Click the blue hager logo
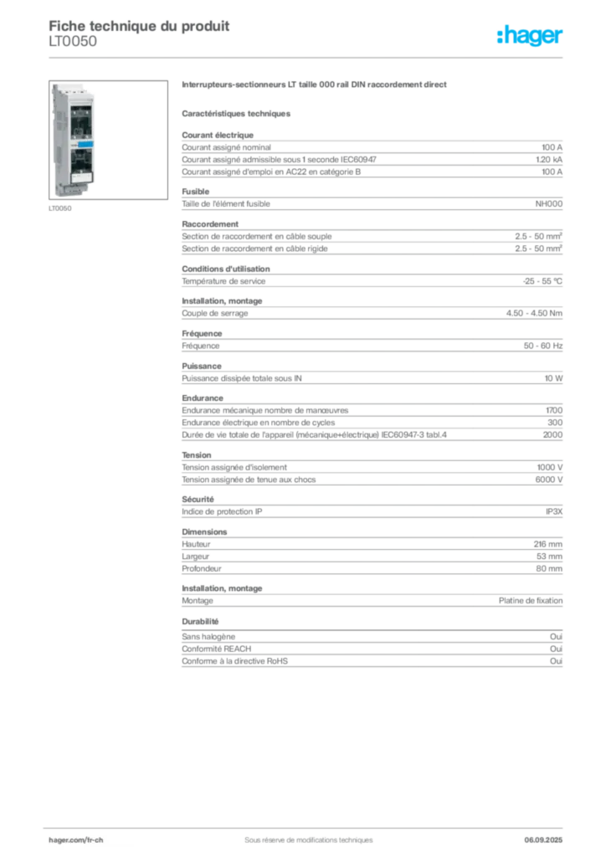coord(531,37)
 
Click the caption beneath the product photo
coord(59,210)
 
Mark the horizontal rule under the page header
coord(307,57)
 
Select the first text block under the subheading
coord(372,155)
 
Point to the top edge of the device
coord(75,84)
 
